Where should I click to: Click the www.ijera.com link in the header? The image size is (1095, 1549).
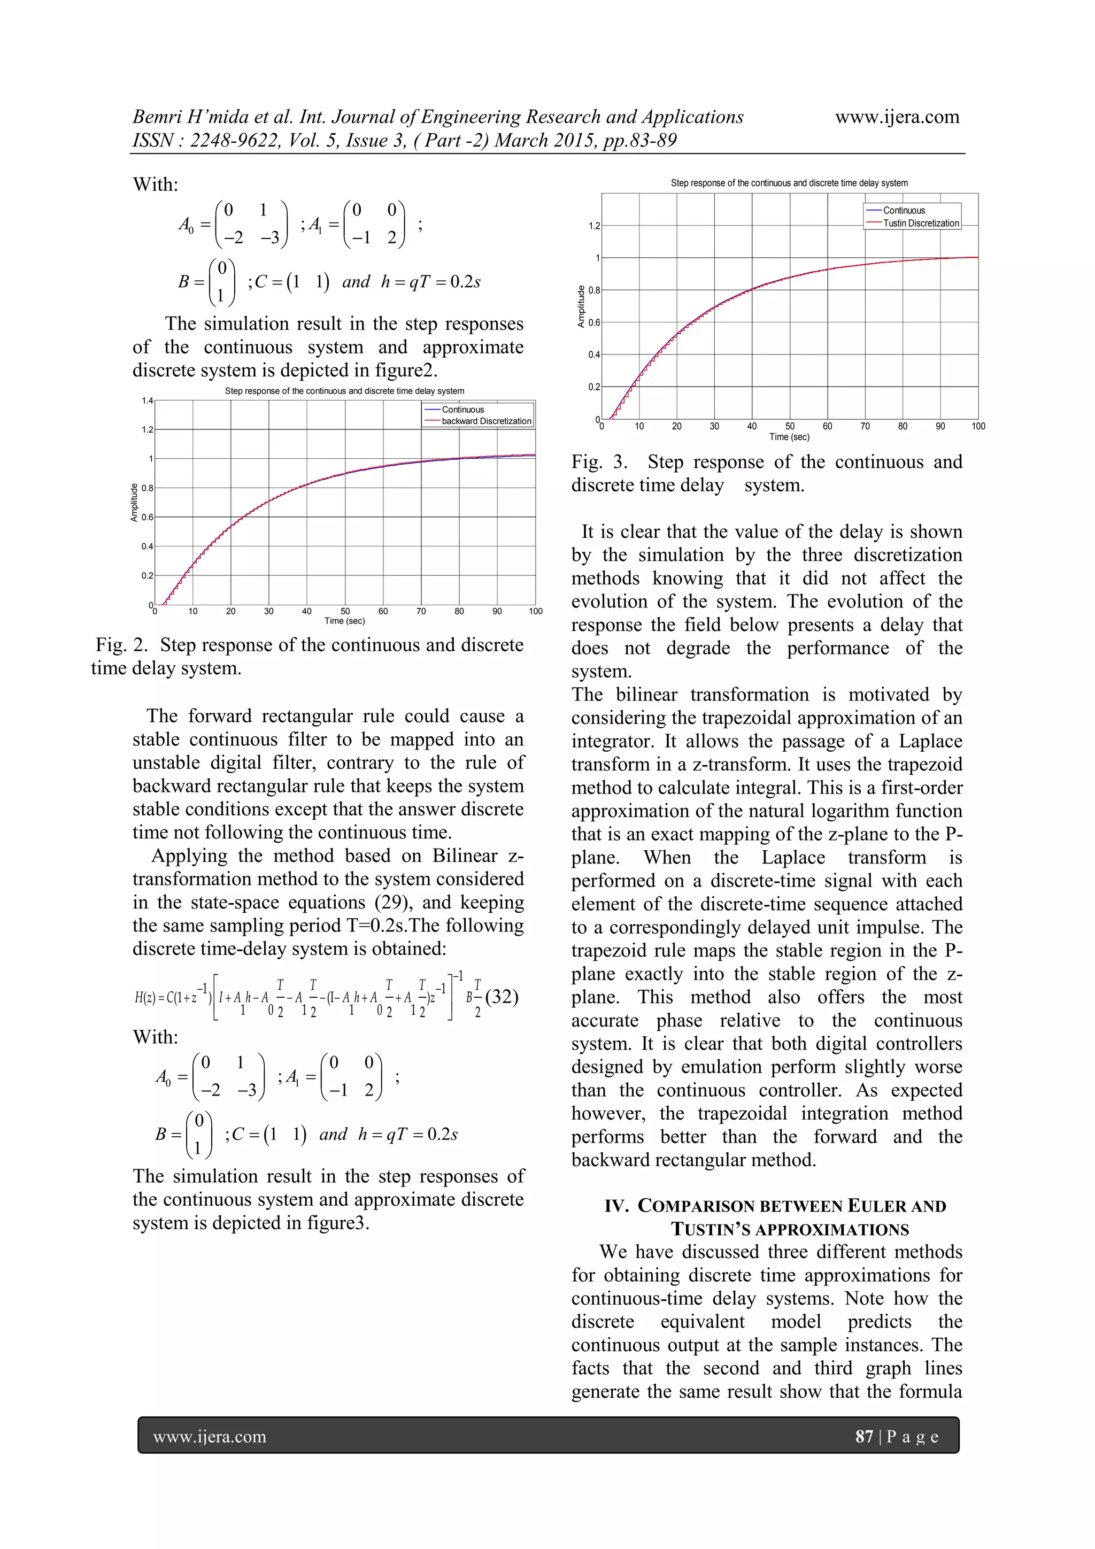[897, 117]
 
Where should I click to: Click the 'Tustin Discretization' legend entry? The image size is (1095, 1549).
[921, 224]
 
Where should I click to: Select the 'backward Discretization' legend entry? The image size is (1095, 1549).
[486, 421]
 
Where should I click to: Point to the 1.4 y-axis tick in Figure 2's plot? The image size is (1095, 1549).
[147, 400]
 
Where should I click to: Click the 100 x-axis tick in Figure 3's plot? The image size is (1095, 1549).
[977, 426]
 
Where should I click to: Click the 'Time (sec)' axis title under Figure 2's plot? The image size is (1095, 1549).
[344, 621]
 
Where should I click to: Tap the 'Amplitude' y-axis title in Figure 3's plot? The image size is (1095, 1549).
[581, 307]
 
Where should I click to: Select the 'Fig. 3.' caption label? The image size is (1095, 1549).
[598, 462]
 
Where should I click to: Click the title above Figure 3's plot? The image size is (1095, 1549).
[789, 183]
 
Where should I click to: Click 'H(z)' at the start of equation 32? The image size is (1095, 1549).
[144, 998]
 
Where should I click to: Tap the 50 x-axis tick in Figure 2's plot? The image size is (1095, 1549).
[345, 611]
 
